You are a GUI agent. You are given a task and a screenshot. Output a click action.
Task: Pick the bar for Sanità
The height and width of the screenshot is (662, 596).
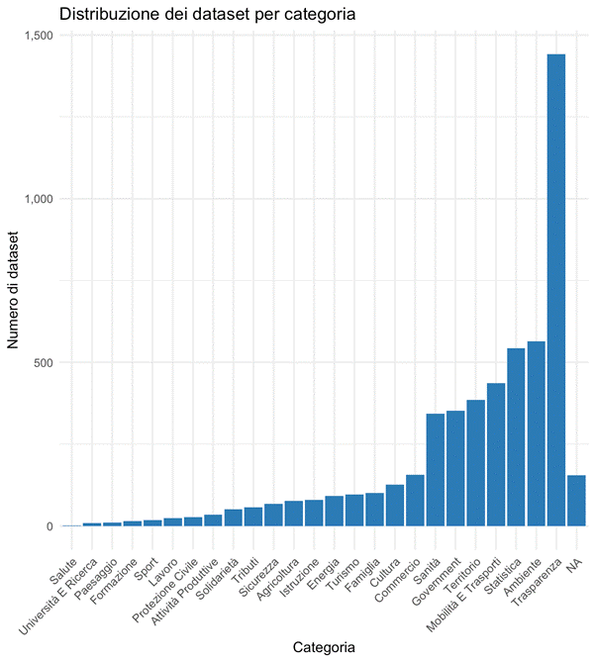click(435, 469)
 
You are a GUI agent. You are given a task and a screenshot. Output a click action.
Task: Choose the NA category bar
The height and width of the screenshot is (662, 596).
click(576, 500)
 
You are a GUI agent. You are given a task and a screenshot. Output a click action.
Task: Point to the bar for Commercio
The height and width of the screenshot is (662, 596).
click(415, 500)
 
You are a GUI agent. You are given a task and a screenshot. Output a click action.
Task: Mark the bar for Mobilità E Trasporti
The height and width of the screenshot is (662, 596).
click(496, 454)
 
